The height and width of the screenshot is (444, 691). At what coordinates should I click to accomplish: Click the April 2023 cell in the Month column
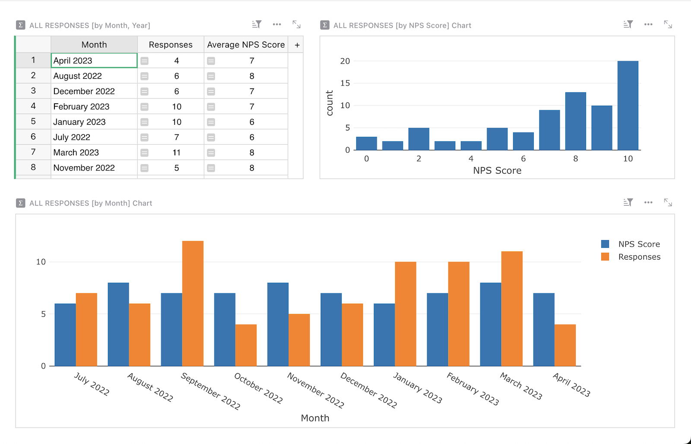coord(94,60)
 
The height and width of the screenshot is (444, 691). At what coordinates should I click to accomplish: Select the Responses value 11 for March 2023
coord(176,152)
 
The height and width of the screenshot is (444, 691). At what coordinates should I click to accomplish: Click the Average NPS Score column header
coord(246,44)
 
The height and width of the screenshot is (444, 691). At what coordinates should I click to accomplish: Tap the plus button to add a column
coord(297,45)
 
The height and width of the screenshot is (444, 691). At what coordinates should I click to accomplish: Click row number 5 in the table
coord(33,121)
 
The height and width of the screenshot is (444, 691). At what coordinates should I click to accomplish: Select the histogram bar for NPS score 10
coord(628,106)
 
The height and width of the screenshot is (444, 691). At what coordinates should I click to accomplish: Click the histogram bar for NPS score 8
coord(575,121)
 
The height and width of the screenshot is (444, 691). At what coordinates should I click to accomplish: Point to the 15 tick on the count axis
coord(345,83)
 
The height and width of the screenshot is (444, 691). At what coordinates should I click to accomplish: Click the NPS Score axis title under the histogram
coord(497,171)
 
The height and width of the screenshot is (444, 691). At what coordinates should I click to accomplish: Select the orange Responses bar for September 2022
coord(193,304)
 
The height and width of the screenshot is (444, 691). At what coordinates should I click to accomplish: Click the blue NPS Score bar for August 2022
coord(118,324)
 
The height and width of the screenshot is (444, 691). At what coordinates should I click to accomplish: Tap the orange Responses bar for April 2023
coord(565,345)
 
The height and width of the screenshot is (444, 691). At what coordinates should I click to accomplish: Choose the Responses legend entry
coord(639,257)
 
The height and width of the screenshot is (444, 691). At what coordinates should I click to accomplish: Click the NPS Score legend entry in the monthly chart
coord(639,244)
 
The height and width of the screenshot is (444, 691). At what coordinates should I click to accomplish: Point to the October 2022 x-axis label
coord(258,388)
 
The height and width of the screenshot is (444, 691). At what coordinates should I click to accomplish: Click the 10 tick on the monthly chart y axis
coord(41,262)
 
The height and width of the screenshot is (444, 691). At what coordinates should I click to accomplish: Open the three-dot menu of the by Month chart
coord(648,202)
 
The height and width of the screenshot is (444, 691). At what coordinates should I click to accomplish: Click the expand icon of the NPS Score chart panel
coord(668,25)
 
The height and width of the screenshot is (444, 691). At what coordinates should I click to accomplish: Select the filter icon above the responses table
coord(257,25)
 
